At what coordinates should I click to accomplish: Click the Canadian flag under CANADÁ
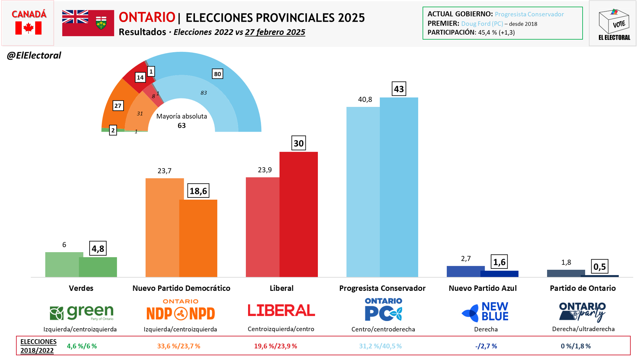[x=28, y=28]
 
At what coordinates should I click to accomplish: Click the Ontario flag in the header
[x=88, y=23]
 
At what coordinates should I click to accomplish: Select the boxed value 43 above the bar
[x=399, y=89]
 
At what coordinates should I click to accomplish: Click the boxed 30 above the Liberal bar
[x=298, y=143]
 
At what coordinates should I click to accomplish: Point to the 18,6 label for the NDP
[x=198, y=191]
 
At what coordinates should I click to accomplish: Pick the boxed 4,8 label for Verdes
[x=98, y=248]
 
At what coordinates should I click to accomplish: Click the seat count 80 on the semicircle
[x=217, y=74]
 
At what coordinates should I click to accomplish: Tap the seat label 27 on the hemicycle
[x=118, y=106]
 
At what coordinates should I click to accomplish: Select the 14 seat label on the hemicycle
[x=140, y=77]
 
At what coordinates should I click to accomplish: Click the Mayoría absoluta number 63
[x=181, y=125]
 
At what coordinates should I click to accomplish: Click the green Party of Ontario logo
[x=82, y=312]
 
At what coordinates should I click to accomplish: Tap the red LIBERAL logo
[x=281, y=310]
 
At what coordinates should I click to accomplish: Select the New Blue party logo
[x=485, y=312]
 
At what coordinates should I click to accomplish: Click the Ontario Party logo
[x=582, y=312]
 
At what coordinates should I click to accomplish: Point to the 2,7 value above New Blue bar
[x=466, y=259]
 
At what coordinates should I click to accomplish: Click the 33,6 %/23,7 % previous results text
[x=179, y=346]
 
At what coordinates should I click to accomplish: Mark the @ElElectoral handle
[x=34, y=55]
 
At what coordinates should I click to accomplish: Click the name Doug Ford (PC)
[x=482, y=24]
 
